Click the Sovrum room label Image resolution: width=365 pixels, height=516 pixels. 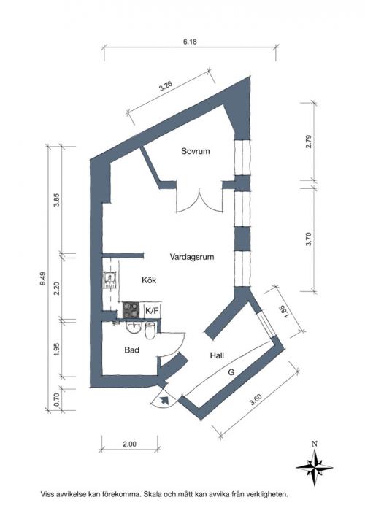[196, 151]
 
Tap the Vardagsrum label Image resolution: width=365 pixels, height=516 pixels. [192, 257]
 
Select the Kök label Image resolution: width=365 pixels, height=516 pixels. [149, 280]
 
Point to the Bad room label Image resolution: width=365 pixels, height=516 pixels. [131, 350]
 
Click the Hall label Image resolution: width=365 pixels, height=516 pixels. [217, 355]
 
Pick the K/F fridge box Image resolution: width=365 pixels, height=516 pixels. [152, 311]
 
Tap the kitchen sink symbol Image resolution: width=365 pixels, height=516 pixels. [110, 280]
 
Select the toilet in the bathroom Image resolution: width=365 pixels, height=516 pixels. [150, 330]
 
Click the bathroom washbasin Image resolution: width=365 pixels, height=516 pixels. [134, 328]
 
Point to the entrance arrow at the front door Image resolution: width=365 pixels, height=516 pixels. [164, 400]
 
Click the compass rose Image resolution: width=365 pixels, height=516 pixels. [315, 467]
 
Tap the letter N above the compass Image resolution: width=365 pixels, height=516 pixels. [315, 444]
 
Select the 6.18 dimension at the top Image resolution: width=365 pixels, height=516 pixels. [190, 42]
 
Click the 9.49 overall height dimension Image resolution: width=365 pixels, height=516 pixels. [43, 278]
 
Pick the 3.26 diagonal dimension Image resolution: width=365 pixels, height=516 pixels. [166, 85]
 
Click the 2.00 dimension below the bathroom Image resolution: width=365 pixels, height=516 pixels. [129, 444]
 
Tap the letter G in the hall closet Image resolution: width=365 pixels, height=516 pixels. [231, 372]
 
